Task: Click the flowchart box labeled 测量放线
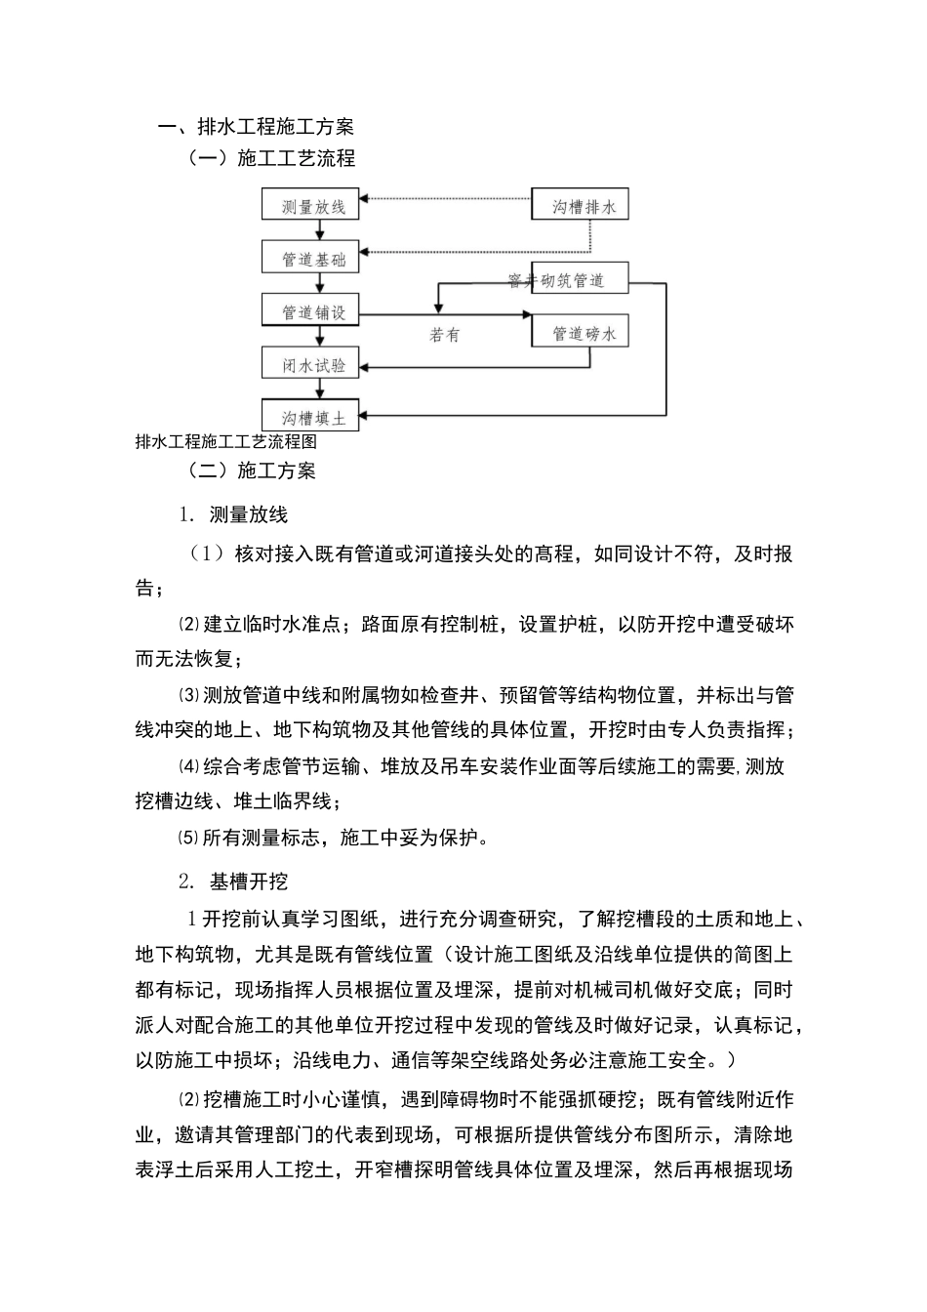pos(310,206)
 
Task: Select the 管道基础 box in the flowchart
pos(310,259)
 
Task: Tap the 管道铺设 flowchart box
pos(310,311)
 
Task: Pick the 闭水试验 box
pos(310,364)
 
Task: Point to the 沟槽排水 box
pos(580,206)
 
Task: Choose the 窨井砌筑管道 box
pos(580,279)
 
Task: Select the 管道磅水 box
pos(580,333)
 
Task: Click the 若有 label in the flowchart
pos(444,335)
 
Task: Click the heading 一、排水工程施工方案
pos(257,126)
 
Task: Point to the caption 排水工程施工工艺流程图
pos(226,441)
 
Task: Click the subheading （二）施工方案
pos(252,471)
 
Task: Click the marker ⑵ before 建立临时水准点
pos(187,625)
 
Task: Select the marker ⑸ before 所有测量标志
pos(187,837)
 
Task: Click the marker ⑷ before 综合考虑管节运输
pos(187,766)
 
